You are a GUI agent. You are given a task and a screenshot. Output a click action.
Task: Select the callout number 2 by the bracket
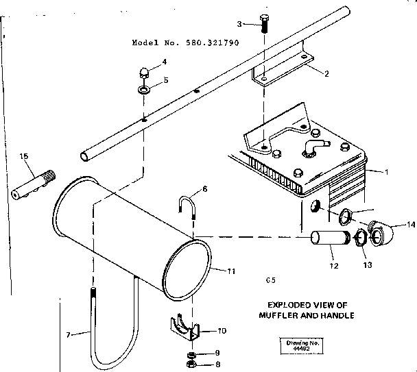[x=326, y=74]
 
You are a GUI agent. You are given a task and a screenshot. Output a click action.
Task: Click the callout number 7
[x=68, y=334]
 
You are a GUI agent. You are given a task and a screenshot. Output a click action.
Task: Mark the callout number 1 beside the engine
[x=385, y=171]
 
